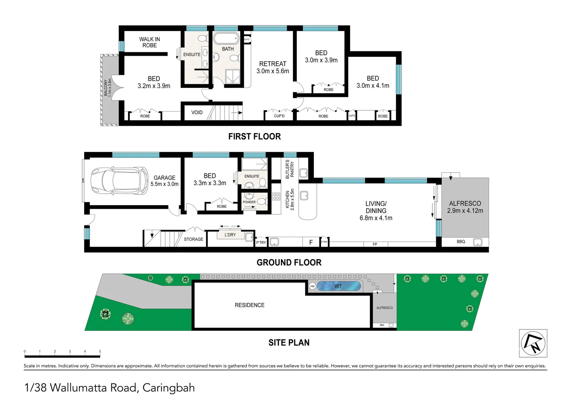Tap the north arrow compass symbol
point(533,343)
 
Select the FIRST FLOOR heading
point(254,137)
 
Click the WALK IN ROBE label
point(149,42)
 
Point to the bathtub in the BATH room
point(226,39)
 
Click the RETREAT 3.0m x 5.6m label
point(273,67)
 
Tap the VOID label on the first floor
point(197,113)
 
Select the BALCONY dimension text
point(108,88)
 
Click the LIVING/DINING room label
point(376,211)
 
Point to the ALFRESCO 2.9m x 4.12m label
point(465,207)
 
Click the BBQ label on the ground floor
point(461,242)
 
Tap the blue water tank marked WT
point(339,286)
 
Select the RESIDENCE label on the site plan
point(250,305)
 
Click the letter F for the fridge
point(311,242)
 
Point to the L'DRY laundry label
point(230,235)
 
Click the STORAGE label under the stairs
point(194,239)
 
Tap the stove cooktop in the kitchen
point(276,196)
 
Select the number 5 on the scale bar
point(100,351)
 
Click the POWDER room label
point(249,202)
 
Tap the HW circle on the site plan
point(312,286)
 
